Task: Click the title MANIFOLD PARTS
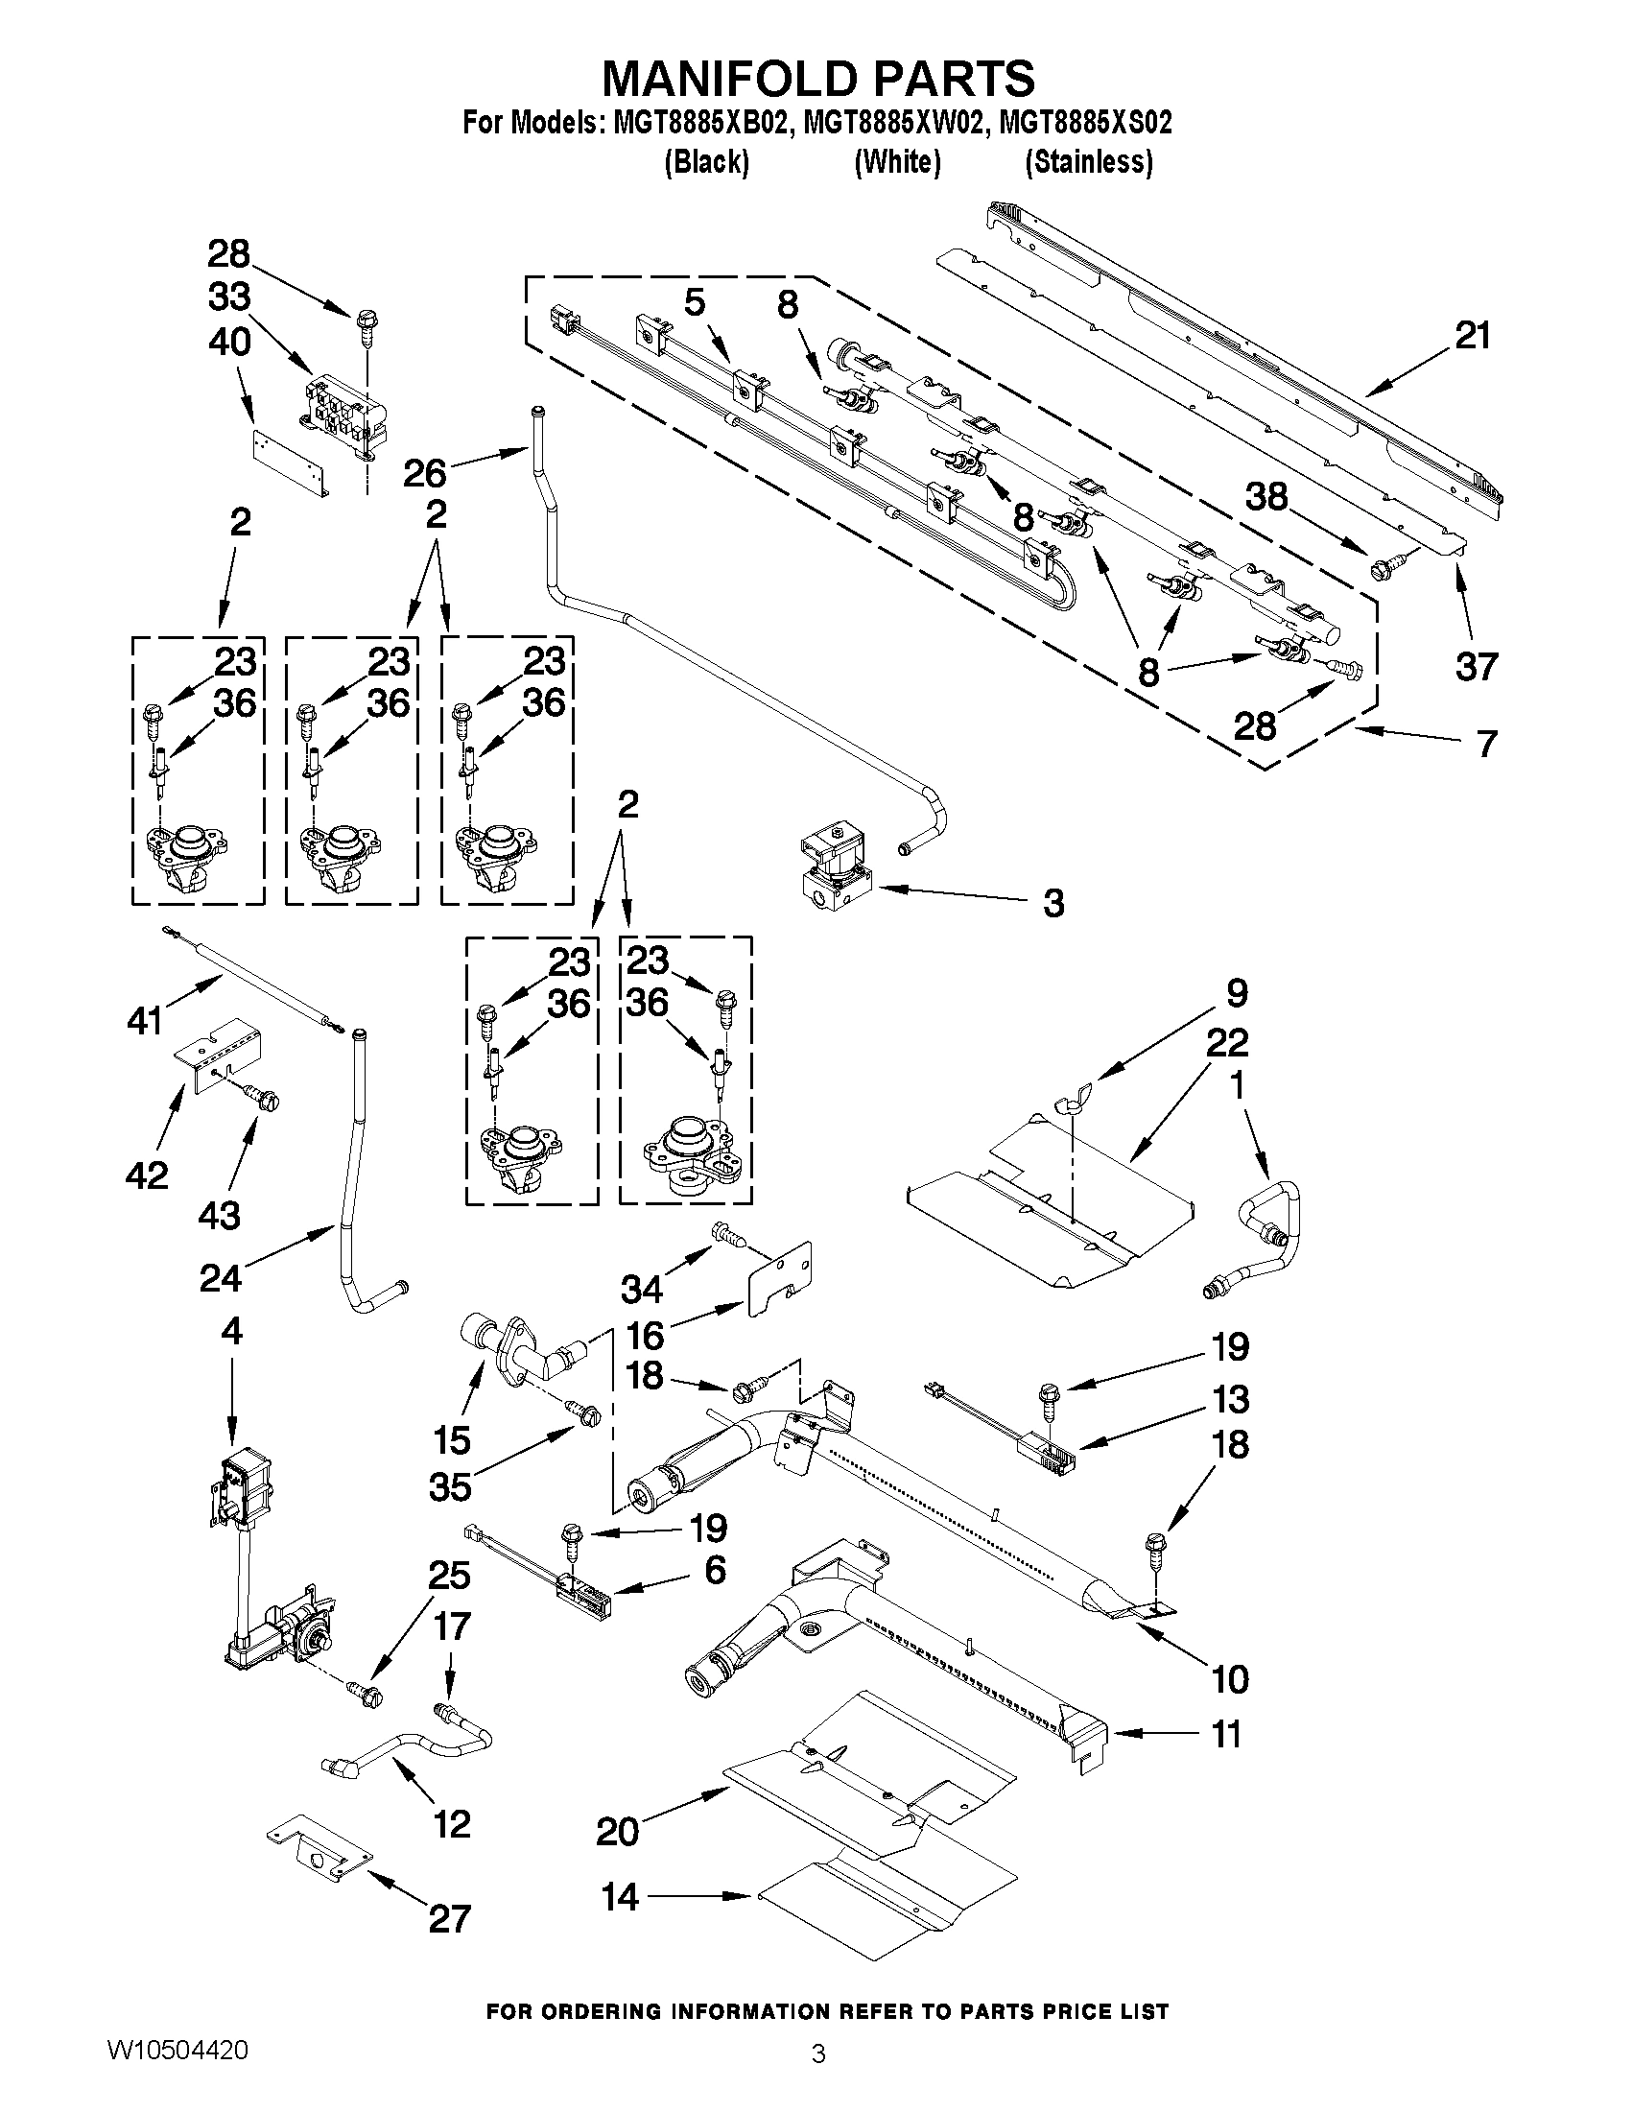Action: tap(818, 78)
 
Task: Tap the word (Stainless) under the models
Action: tap(1089, 161)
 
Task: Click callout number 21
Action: tap(1473, 336)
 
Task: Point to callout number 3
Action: tap(1053, 903)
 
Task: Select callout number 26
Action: tap(424, 473)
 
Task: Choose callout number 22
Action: tap(1227, 1041)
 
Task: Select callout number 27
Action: tap(449, 1917)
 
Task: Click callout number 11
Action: tap(1226, 1734)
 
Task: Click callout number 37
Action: tap(1476, 666)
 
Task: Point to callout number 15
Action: tap(452, 1440)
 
